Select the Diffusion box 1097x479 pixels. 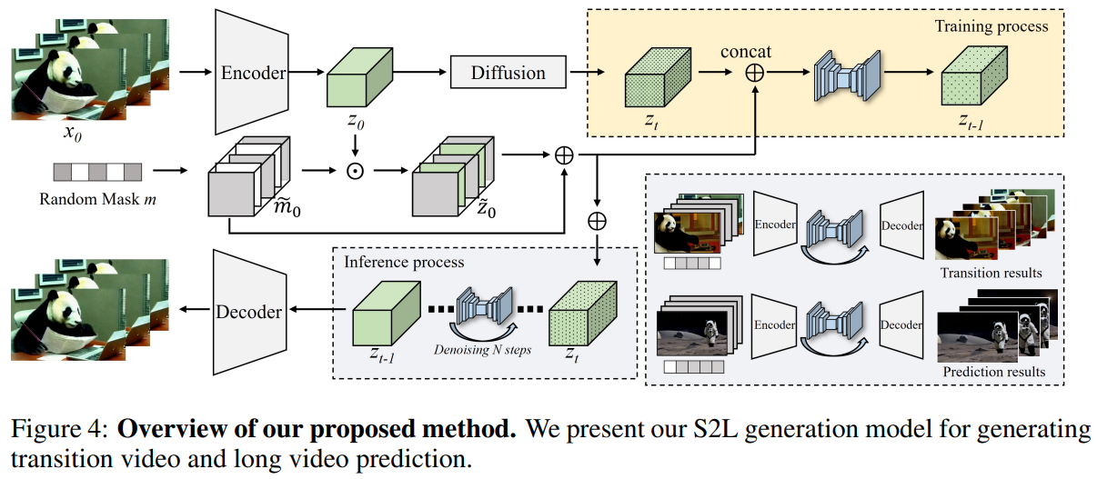[508, 73]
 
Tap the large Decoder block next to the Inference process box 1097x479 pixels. [248, 312]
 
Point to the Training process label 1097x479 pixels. [991, 26]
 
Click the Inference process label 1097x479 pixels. [404, 263]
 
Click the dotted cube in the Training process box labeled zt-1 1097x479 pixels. [971, 77]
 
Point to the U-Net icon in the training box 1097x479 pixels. [846, 74]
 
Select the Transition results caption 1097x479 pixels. [992, 273]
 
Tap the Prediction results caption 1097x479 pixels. [992, 372]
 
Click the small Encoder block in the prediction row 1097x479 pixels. [775, 325]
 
